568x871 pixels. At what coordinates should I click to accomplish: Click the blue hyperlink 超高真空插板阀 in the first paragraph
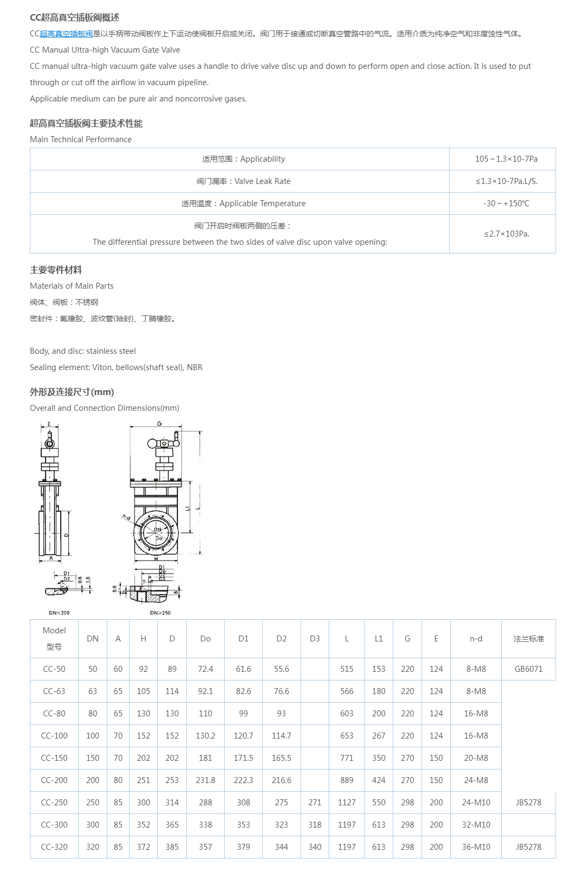point(66,34)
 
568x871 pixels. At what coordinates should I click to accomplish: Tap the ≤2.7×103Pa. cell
point(507,234)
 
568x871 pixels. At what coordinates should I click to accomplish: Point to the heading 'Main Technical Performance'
point(81,139)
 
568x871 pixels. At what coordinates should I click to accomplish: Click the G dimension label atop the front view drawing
point(159,424)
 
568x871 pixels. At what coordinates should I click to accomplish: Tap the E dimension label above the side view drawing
point(49,424)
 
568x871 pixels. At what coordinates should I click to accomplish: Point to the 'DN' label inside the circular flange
point(157,530)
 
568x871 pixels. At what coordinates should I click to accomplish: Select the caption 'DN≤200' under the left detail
point(59,613)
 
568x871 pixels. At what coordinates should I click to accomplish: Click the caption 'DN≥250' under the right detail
point(160,613)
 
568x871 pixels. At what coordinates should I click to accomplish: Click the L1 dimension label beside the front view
point(188,508)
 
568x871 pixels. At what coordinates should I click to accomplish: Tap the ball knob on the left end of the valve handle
point(152,444)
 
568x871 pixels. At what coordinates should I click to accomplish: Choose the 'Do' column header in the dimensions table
point(205,639)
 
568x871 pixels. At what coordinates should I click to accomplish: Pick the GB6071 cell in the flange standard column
point(528,669)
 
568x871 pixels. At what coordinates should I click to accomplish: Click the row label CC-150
point(54,758)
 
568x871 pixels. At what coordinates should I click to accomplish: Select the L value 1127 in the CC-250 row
point(347,803)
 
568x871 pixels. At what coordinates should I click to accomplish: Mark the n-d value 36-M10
point(476,847)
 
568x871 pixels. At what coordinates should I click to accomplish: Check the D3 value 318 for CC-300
point(315,825)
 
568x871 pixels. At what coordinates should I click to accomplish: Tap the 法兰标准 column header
point(528,639)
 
